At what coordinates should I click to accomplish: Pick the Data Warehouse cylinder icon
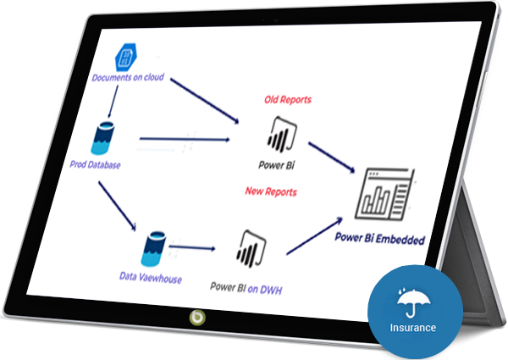coord(153,249)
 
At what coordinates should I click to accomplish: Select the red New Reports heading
coord(271,191)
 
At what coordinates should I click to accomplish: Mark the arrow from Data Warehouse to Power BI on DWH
coord(200,249)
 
